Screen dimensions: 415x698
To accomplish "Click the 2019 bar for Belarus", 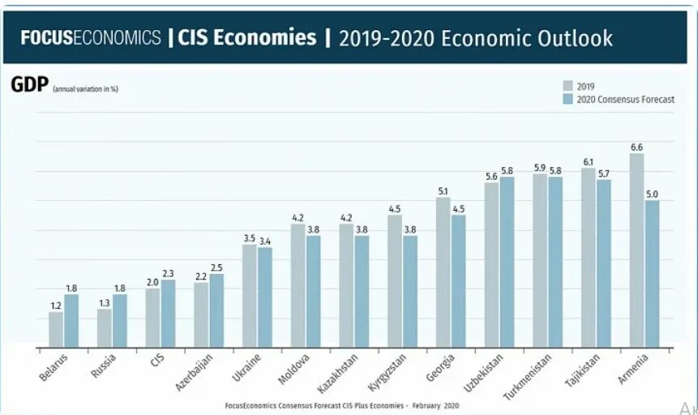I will pyautogui.click(x=56, y=330).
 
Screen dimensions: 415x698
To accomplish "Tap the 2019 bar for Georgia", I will pyautogui.click(x=443, y=272).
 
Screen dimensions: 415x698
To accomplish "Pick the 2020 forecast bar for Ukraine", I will pyautogui.click(x=265, y=297).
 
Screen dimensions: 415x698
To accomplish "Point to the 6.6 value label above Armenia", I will pyautogui.click(x=636, y=148).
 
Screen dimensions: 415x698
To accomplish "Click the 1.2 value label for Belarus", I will pyautogui.click(x=56, y=306).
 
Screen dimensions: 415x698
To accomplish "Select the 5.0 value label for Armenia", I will pyautogui.click(x=653, y=195).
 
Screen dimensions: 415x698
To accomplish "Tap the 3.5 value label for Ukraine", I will pyautogui.click(x=250, y=238).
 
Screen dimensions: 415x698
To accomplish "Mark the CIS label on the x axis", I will pyautogui.click(x=156, y=361).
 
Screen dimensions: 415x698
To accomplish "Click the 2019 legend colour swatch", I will pyautogui.click(x=568, y=86).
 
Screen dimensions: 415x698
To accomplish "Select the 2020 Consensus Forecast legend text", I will pyautogui.click(x=625, y=100).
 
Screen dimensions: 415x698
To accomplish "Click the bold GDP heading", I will pyautogui.click(x=29, y=85).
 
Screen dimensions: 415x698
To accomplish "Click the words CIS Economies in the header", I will pyautogui.click(x=246, y=37).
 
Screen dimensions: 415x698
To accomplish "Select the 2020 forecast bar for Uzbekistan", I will pyautogui.click(x=507, y=263).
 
